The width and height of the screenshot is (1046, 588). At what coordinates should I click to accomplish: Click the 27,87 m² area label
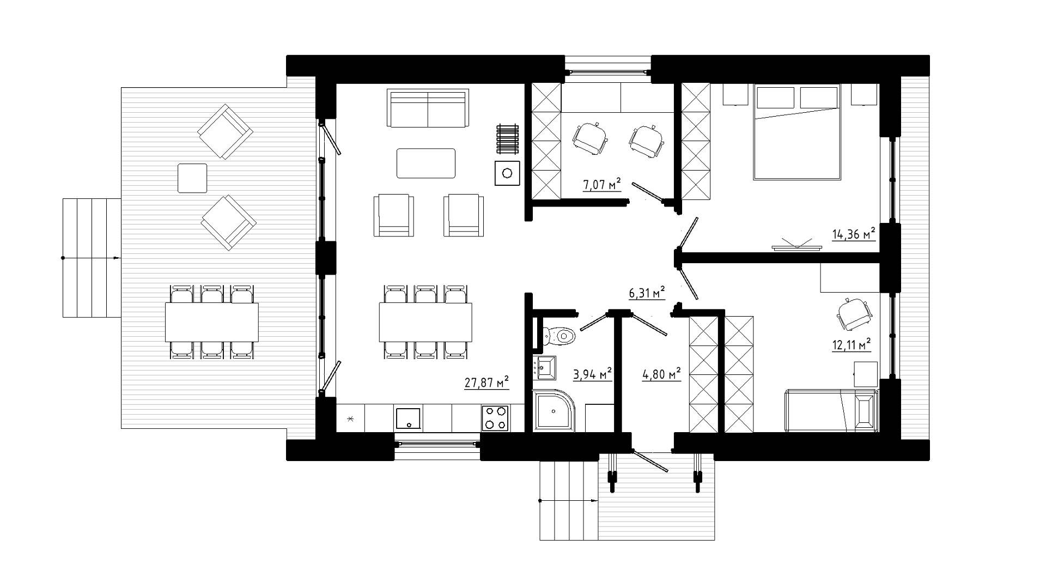(x=486, y=382)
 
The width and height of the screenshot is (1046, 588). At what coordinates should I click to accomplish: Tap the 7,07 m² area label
(x=602, y=185)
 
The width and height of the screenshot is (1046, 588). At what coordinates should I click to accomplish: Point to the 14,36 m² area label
(x=854, y=234)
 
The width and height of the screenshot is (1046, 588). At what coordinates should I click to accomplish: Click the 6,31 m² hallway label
(x=648, y=293)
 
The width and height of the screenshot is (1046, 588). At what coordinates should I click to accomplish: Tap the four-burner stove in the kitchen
(x=495, y=418)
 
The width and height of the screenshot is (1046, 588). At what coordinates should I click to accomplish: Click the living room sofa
(x=428, y=108)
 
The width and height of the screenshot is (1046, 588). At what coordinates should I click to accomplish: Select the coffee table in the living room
(x=426, y=163)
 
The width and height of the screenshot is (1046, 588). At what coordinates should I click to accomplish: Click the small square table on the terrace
(x=193, y=178)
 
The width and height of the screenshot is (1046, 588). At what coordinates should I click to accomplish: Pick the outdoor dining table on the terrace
(x=212, y=322)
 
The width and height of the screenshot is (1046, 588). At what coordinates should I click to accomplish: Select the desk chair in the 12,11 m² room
(x=854, y=314)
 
